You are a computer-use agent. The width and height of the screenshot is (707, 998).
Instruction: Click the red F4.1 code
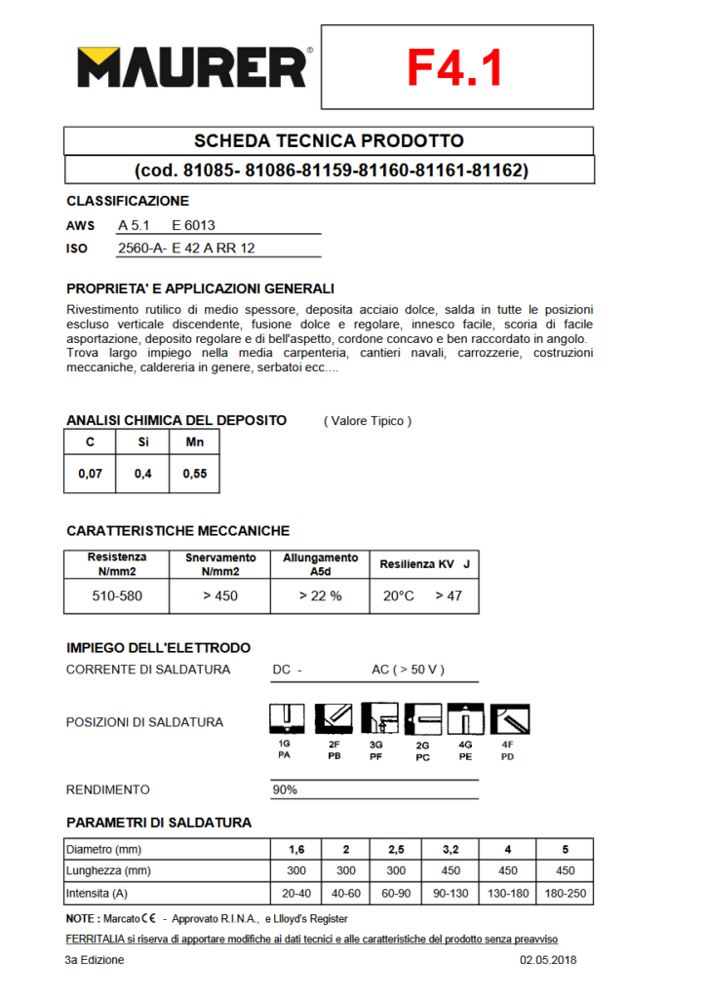tap(455, 67)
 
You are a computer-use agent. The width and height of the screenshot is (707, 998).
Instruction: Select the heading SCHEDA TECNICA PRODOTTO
tap(329, 141)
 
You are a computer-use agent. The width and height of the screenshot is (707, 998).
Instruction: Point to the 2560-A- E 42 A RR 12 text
tap(185, 249)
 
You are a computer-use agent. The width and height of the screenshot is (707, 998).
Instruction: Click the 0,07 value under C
tap(90, 477)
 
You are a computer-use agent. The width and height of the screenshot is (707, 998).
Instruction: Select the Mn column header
tap(194, 441)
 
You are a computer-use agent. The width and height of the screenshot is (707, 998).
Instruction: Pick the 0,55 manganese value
tap(194, 477)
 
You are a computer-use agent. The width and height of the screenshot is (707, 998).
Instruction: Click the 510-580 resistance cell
tap(116, 595)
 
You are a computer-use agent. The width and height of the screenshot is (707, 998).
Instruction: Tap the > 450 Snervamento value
tap(220, 595)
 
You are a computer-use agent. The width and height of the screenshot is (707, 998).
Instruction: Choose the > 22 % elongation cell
tap(321, 595)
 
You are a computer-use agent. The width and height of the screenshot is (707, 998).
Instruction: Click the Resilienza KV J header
tap(424, 564)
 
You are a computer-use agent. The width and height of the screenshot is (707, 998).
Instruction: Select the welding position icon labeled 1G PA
tap(284, 719)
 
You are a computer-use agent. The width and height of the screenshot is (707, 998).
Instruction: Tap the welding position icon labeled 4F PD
tap(508, 719)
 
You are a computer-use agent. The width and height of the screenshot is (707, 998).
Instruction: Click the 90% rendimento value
tap(285, 789)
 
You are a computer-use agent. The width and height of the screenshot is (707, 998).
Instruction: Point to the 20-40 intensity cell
tap(295, 893)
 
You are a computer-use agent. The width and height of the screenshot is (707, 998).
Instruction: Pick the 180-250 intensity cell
tap(565, 893)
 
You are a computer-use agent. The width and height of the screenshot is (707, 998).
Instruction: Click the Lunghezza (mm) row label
tap(108, 870)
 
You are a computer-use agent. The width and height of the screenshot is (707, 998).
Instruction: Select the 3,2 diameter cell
tap(452, 848)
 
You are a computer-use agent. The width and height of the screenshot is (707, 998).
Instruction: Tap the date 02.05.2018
tap(549, 960)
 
